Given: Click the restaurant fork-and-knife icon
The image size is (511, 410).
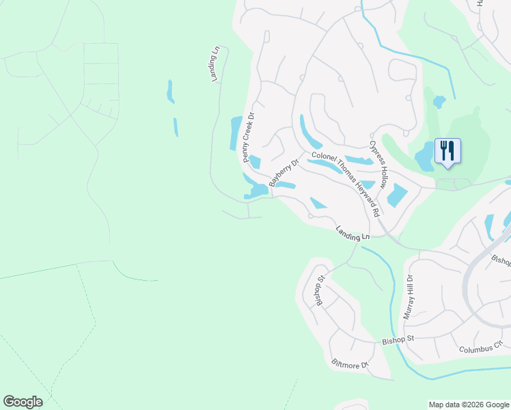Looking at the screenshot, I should (x=447, y=150).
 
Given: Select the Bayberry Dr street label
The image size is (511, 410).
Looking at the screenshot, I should (x=284, y=174).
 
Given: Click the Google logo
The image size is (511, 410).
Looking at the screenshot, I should (x=23, y=402).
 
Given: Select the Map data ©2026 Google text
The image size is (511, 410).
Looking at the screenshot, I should (x=469, y=405).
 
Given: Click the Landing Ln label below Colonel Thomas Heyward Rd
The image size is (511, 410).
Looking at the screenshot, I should (x=353, y=232).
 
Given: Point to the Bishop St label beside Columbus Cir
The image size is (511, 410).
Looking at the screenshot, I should (x=398, y=339).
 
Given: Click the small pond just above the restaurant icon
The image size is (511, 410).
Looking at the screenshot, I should (x=439, y=102).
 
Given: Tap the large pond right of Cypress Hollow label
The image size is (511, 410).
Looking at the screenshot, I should (x=396, y=196).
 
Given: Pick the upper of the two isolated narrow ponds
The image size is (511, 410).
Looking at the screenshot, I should (x=170, y=92).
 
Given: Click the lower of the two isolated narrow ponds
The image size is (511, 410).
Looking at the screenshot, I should (x=176, y=127).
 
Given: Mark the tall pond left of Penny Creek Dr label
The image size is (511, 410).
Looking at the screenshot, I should (x=236, y=133).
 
